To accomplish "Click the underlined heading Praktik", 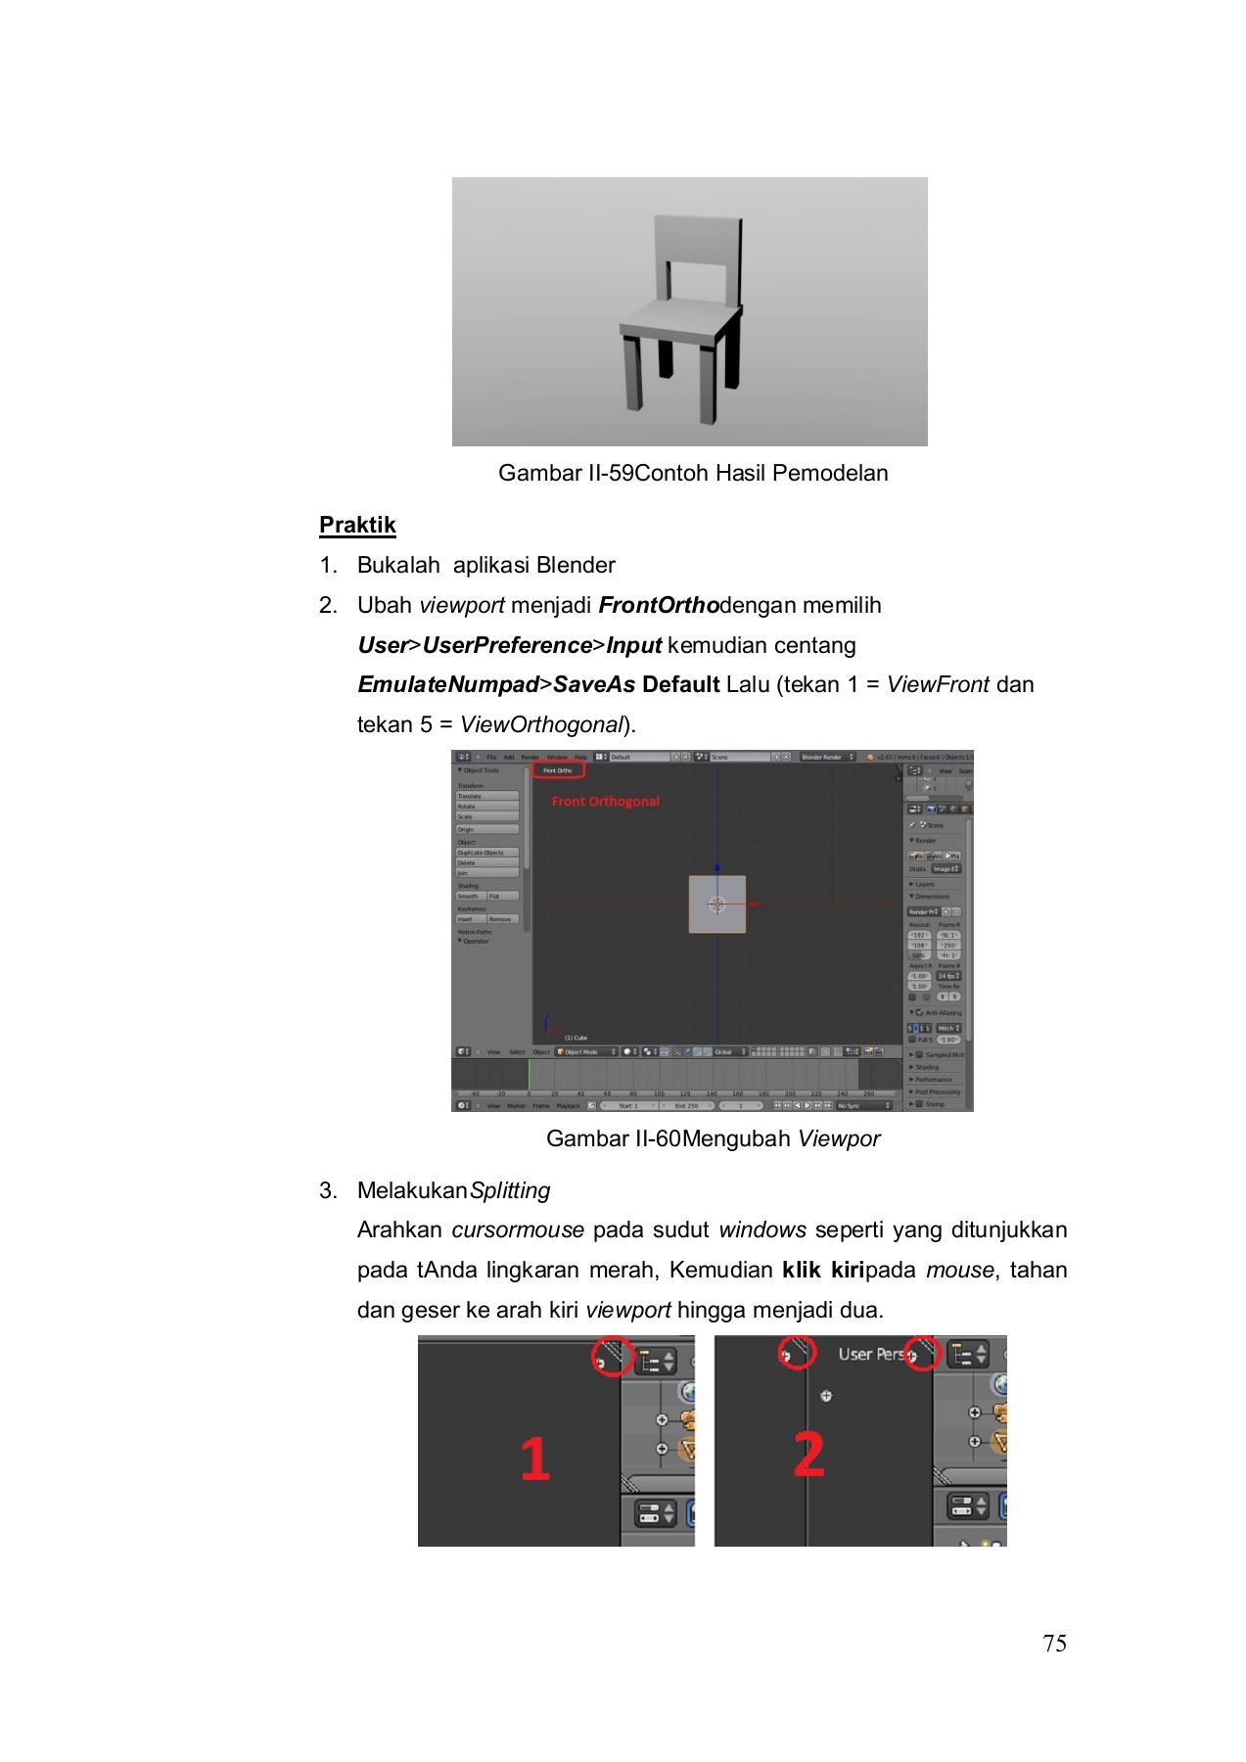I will (357, 525).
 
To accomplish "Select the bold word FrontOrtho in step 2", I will (659, 605).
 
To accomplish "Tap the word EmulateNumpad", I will (447, 684).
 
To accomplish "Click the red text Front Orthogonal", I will (605, 801).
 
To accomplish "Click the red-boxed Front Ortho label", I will (559, 770).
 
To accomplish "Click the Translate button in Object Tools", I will (486, 796).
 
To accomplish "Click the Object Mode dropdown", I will (585, 1051).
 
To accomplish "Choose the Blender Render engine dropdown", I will (826, 757).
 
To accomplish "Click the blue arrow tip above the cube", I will (717, 867).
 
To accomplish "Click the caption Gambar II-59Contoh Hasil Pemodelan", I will (693, 473).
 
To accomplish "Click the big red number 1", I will (534, 1458).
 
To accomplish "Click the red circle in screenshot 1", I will (611, 1358).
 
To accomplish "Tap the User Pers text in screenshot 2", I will (870, 1354).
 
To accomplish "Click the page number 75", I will (1054, 1644).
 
